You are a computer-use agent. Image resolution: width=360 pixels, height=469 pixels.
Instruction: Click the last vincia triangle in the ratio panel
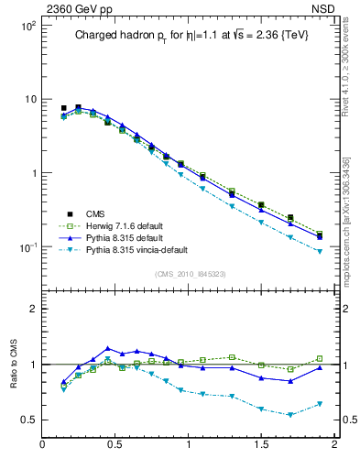click(x=319, y=404)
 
